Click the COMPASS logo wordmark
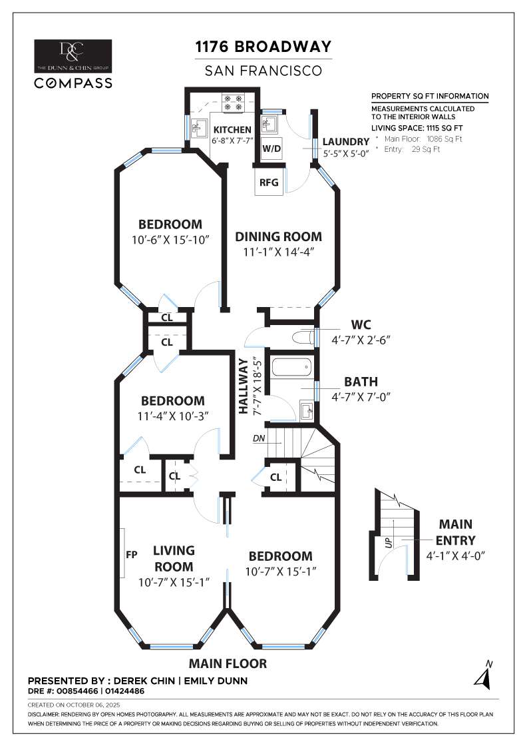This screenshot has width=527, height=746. (73, 83)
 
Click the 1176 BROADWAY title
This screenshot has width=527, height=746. (263, 47)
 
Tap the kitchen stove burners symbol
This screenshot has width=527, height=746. (234, 103)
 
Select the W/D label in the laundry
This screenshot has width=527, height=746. (271, 149)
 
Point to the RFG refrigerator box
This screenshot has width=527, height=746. (269, 182)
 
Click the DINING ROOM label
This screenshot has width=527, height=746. (278, 236)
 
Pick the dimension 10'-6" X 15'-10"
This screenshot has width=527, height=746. (170, 240)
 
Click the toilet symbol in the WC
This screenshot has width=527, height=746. (303, 338)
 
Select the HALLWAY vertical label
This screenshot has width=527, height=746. (244, 386)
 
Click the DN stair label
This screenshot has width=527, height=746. (259, 438)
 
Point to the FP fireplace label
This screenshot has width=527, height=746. (132, 554)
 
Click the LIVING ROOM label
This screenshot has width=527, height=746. (174, 559)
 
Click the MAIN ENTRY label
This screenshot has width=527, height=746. (455, 532)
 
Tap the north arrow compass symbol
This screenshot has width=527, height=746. (484, 676)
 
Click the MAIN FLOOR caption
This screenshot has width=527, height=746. (228, 663)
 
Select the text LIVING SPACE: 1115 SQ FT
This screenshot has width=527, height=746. (417, 128)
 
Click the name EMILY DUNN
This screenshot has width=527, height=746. (216, 681)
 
